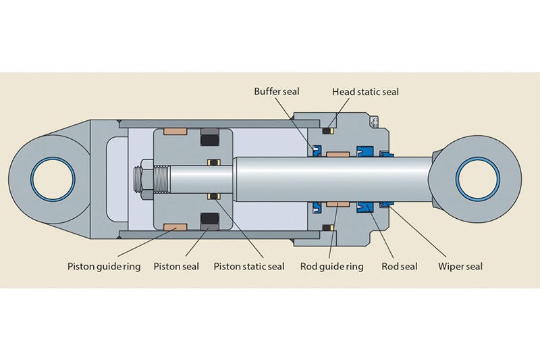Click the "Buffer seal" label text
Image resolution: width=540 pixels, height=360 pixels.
point(277,91)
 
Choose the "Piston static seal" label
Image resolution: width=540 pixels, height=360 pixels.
point(249,266)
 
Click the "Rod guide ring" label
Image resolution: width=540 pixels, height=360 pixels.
point(331,266)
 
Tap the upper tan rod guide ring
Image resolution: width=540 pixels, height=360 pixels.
point(337,155)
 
